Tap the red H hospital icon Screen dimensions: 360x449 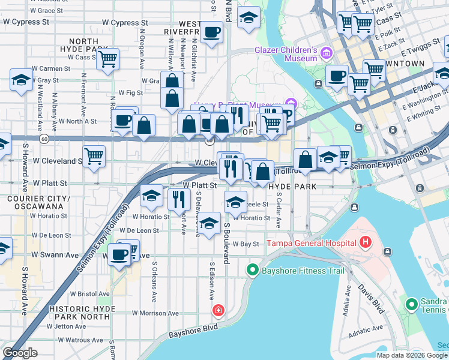[x=366, y=243]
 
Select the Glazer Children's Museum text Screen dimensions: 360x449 [x=286, y=54]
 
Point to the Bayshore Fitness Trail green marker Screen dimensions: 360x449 [x=252, y=271]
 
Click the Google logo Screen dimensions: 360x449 [x=20, y=353]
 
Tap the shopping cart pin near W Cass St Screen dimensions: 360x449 [x=108, y=59]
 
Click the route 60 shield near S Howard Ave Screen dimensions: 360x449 [x=44, y=138]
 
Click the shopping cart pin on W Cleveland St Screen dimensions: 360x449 [x=94, y=156]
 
